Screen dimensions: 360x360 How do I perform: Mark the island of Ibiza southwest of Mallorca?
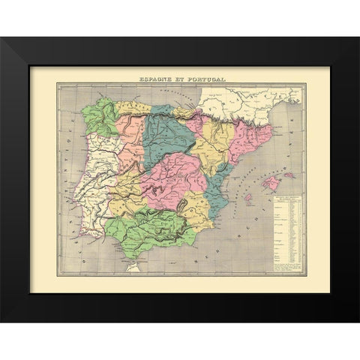pyautogui.click(x=246, y=200)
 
